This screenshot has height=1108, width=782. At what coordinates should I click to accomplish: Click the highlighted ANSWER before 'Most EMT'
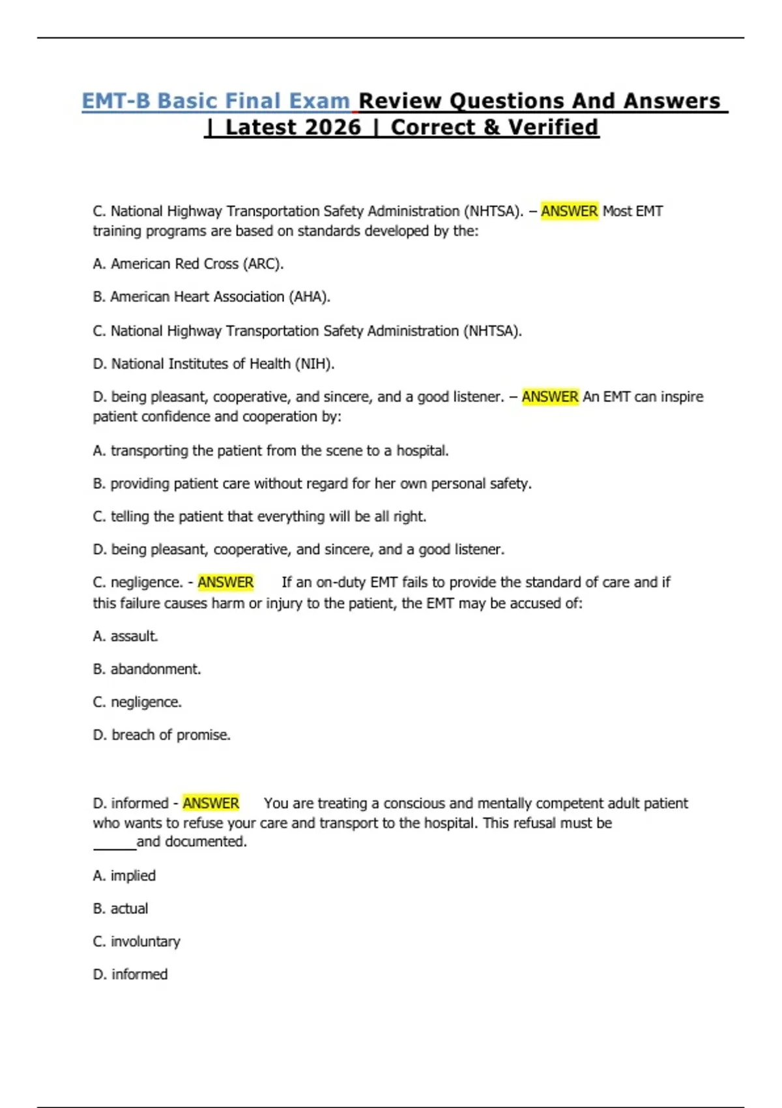click(569, 211)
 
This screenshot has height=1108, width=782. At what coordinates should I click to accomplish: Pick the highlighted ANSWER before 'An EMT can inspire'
click(550, 397)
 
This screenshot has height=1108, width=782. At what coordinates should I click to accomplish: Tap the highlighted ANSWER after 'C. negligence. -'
click(225, 582)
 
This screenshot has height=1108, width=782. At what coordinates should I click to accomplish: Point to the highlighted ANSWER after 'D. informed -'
click(210, 803)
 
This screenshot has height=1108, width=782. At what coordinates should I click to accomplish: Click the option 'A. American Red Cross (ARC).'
click(188, 264)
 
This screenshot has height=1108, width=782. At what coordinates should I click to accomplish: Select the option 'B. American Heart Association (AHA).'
click(212, 297)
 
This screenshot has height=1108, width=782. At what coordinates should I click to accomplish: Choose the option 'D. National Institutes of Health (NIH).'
click(214, 364)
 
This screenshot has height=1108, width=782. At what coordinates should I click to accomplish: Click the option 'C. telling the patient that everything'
click(259, 517)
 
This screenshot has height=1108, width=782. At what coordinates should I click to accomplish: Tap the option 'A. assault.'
click(126, 636)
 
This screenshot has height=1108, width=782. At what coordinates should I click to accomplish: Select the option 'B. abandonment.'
click(147, 669)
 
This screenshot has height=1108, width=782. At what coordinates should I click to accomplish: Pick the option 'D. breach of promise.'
click(162, 735)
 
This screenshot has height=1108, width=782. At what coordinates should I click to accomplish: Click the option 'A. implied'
click(124, 876)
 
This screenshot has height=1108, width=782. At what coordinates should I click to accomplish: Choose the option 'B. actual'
click(121, 909)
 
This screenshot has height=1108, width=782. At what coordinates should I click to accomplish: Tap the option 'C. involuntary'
click(137, 942)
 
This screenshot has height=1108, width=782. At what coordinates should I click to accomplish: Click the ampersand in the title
click(492, 127)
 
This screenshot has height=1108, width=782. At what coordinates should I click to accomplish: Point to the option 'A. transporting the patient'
click(270, 451)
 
